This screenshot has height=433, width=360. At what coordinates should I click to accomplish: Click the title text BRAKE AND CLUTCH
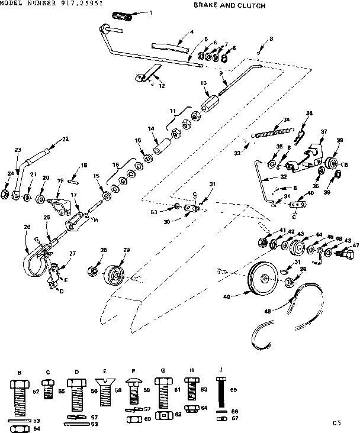click(229, 5)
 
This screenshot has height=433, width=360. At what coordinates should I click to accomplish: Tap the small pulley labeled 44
click(297, 247)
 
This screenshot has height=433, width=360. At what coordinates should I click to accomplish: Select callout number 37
click(323, 131)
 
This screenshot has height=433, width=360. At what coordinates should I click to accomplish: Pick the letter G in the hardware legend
click(162, 372)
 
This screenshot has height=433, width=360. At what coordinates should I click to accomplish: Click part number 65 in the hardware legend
click(233, 390)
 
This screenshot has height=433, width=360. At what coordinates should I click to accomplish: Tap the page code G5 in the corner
click(336, 423)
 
